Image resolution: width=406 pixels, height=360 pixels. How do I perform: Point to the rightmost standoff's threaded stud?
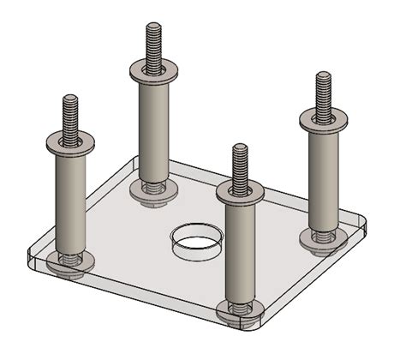pyautogui.click(x=323, y=92)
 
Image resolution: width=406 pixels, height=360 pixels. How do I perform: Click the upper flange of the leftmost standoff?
pyautogui.click(x=71, y=141)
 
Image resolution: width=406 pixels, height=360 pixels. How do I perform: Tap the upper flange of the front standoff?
pyautogui.click(x=240, y=189)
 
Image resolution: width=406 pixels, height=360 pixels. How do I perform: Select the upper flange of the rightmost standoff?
pyautogui.click(x=323, y=117)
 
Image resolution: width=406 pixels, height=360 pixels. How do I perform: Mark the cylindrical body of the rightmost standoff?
pyautogui.click(x=323, y=176)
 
